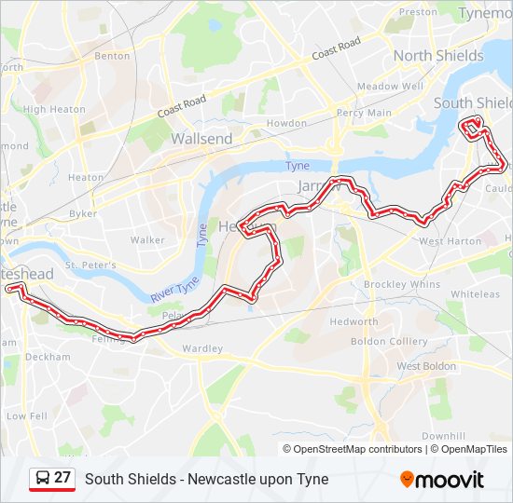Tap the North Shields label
437,56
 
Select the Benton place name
112,56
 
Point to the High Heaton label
48,109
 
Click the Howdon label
286,124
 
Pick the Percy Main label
364,113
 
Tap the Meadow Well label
390,87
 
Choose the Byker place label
83,213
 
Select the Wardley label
202,349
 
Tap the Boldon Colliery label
388,342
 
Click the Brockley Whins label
401,284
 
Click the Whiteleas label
475,294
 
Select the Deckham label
49,357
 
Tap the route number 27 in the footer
62,478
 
